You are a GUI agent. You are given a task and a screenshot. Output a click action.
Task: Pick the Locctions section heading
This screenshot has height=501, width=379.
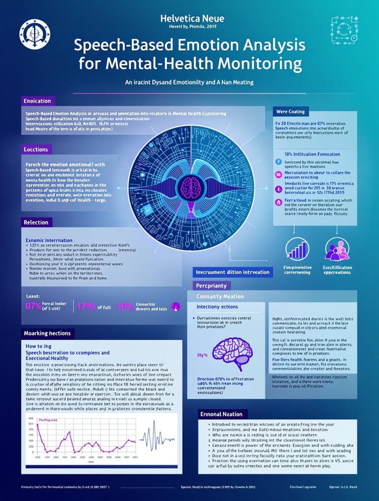click(36, 149)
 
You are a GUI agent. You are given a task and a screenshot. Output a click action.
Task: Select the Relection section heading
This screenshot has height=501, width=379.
click(36, 222)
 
